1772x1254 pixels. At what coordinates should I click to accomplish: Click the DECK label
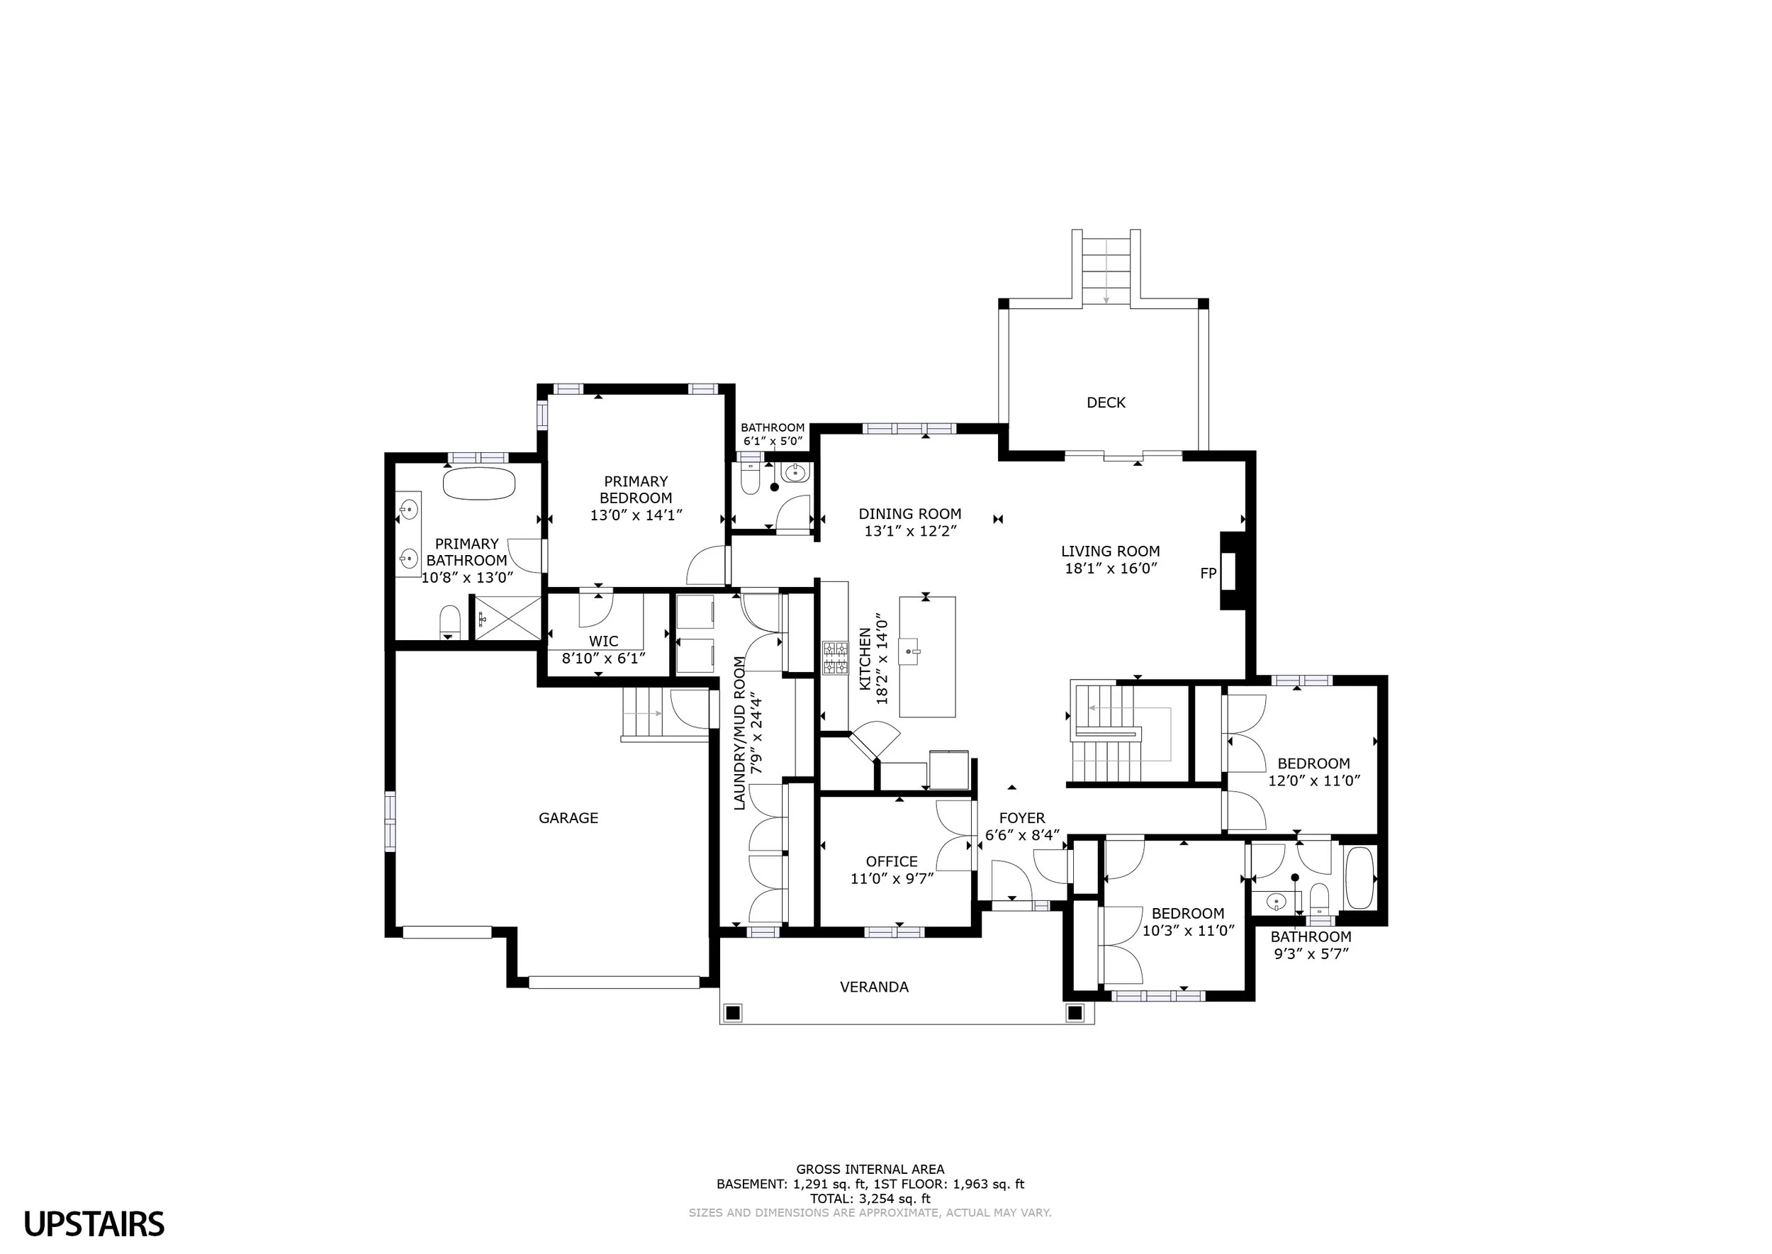pyautogui.click(x=1106, y=403)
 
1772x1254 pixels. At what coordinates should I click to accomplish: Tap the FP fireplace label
pyautogui.click(x=1209, y=573)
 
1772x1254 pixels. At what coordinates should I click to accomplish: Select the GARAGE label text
pyautogui.click(x=568, y=818)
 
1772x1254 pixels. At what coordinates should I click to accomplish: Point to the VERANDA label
pyautogui.click(x=874, y=987)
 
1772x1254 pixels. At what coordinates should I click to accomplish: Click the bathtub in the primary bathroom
pyautogui.click(x=478, y=483)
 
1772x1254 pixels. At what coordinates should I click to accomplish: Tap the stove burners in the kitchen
pyautogui.click(x=836, y=658)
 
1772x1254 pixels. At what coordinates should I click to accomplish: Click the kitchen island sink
pyautogui.click(x=915, y=650)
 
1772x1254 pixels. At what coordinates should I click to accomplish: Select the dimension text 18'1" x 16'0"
pyautogui.click(x=1110, y=569)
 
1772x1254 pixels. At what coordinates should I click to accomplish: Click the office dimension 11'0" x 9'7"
pyautogui.click(x=892, y=878)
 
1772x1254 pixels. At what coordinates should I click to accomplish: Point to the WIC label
pyautogui.click(x=604, y=641)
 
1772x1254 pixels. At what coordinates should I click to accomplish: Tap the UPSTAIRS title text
pyautogui.click(x=94, y=1224)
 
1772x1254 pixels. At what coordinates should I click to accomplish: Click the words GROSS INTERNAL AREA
pyautogui.click(x=870, y=1169)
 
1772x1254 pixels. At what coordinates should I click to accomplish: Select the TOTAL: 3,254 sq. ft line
pyautogui.click(x=870, y=1199)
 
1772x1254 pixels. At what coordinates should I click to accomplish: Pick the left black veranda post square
pyautogui.click(x=733, y=1012)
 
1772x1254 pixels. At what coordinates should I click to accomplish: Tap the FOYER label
pyautogui.click(x=1021, y=818)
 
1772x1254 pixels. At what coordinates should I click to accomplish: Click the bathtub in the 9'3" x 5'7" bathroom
pyautogui.click(x=1359, y=878)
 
